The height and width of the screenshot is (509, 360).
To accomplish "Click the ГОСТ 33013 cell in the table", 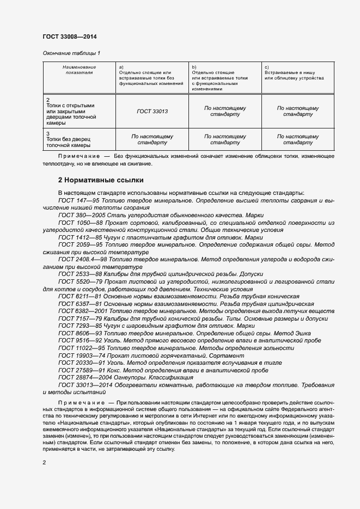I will pyautogui.click(x=152, y=111).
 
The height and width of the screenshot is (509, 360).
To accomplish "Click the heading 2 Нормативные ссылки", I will pyautogui.click(x=101, y=180).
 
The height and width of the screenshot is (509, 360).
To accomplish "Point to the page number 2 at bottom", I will pyautogui.click(x=45, y=462).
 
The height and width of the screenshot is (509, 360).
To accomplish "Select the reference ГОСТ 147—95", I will pyautogui.click(x=76, y=201).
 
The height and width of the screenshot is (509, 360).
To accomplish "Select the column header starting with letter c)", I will pyautogui.click(x=294, y=72).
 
